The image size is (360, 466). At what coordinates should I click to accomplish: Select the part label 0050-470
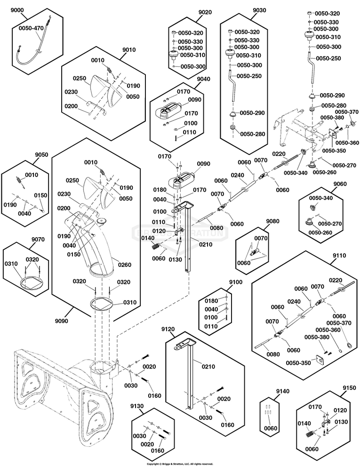[x=31, y=28]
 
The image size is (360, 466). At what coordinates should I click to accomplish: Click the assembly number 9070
[x=39, y=239]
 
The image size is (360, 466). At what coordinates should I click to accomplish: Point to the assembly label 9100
[x=235, y=282]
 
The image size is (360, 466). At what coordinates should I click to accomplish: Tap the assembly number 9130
[x=138, y=406]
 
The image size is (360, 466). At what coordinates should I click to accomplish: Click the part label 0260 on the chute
[x=125, y=264]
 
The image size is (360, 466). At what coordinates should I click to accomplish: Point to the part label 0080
[x=216, y=228]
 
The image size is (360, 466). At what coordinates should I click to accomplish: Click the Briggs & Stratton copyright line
[x=180, y=464]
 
